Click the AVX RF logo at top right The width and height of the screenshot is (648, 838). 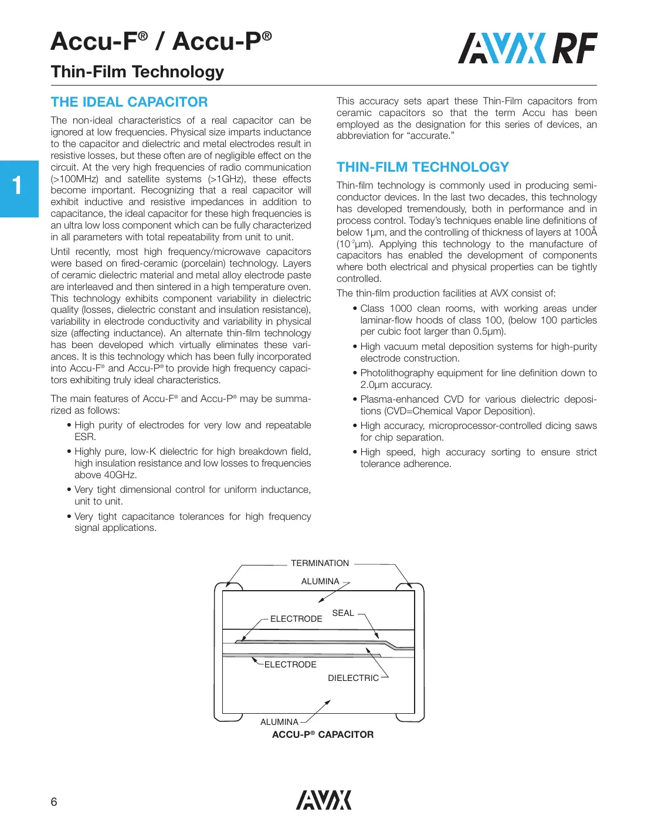pyautogui.click(x=527, y=49)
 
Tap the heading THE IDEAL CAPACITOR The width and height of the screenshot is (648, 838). pyautogui.click(x=129, y=102)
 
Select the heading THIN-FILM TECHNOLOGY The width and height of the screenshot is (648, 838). pyautogui.click(x=422, y=167)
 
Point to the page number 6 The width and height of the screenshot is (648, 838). pyautogui.click(x=54, y=802)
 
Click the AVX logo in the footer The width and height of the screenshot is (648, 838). pyautogui.click(x=323, y=800)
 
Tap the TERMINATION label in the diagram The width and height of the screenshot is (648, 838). pyautogui.click(x=320, y=563)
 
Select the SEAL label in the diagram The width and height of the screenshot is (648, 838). pyautogui.click(x=343, y=613)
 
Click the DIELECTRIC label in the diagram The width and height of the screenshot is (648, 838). pyautogui.click(x=353, y=678)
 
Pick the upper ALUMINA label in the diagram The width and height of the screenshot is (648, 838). pyautogui.click(x=320, y=581)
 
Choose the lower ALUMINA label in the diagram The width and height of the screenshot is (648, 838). pyautogui.click(x=279, y=722)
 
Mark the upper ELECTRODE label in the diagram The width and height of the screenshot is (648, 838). pyautogui.click(x=296, y=619)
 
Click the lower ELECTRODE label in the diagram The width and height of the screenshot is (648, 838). pyautogui.click(x=290, y=665)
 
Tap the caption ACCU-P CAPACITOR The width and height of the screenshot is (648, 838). pyautogui.click(x=323, y=735)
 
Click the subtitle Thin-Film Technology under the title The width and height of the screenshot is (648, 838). pyautogui.click(x=137, y=71)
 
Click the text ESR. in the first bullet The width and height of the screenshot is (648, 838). pyautogui.click(x=85, y=437)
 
